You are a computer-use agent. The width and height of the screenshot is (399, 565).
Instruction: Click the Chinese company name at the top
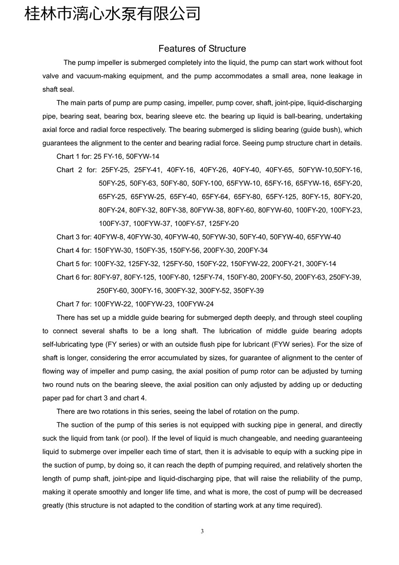point(113,13)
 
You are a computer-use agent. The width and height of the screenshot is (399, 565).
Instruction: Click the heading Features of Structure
point(202,49)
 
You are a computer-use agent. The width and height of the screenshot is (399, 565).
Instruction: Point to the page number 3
point(202,531)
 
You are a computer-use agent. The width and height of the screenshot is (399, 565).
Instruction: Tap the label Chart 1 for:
point(74,156)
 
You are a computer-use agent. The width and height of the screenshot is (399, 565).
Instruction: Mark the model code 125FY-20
point(224,223)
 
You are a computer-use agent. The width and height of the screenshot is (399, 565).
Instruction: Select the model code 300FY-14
point(321,264)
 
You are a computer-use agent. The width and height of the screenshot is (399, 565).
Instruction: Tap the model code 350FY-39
point(249,291)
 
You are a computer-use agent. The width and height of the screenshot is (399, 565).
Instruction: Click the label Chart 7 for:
point(74,304)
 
